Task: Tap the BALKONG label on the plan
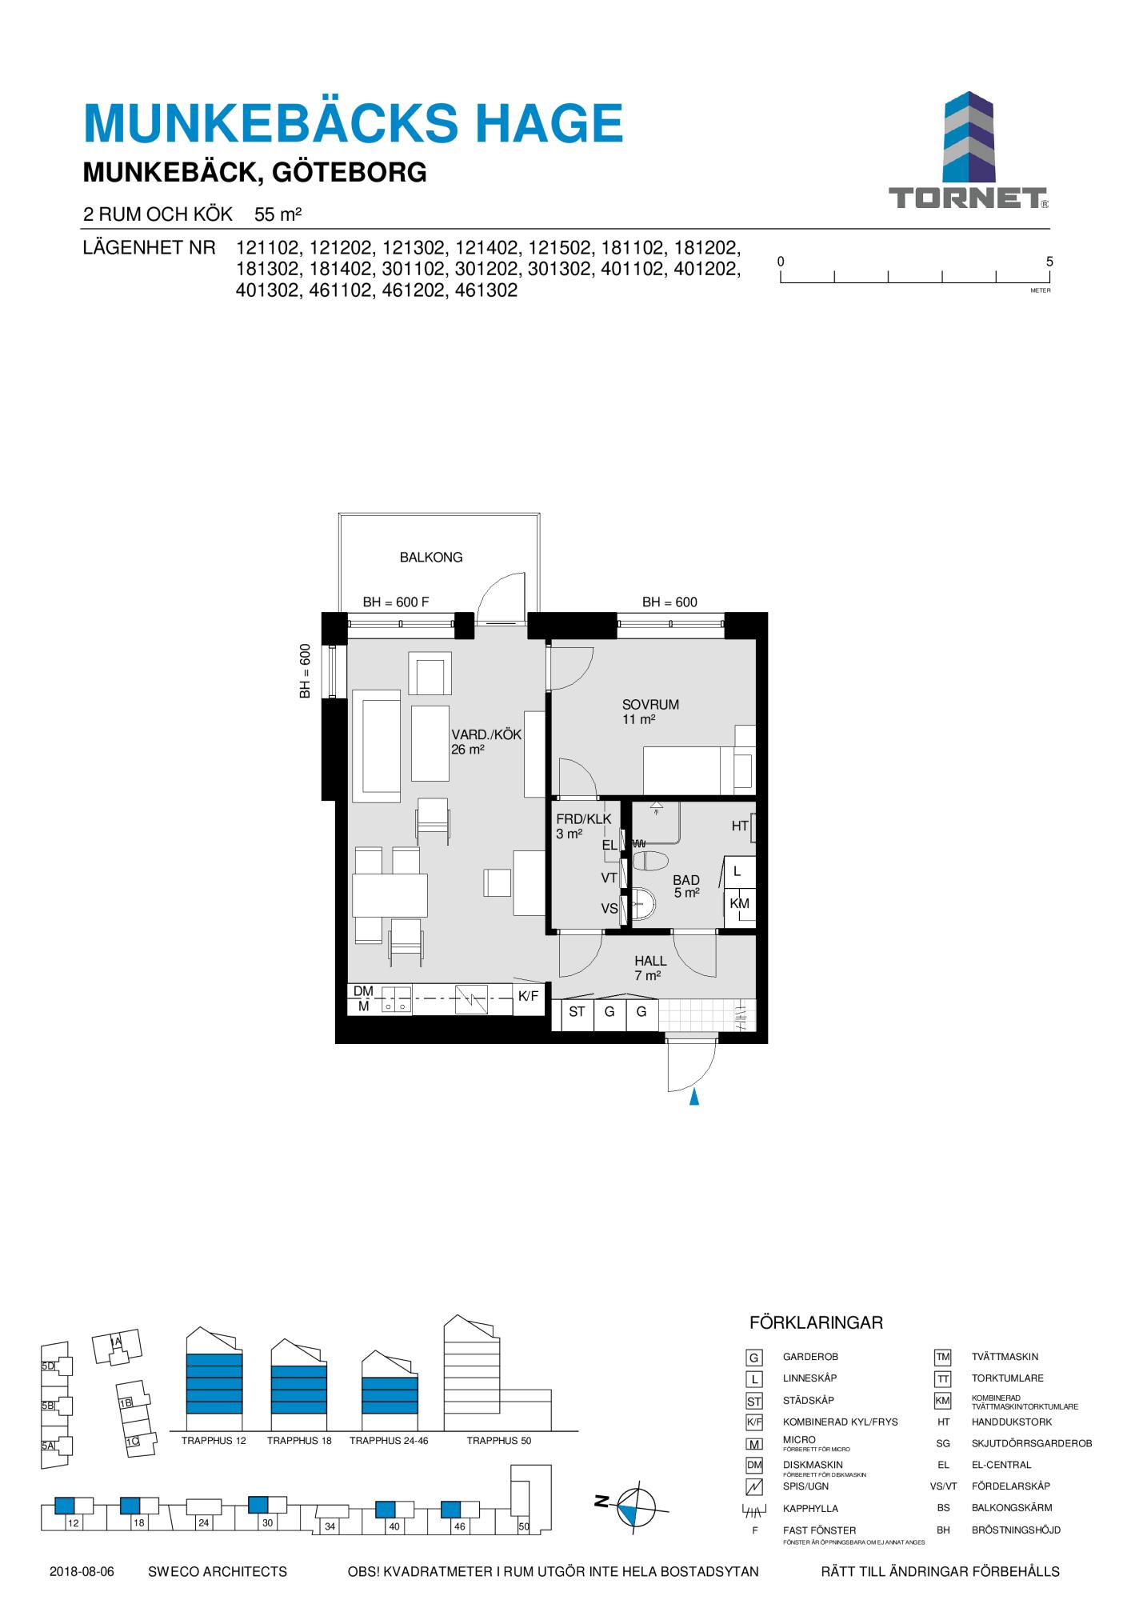(x=431, y=558)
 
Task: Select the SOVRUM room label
(x=650, y=705)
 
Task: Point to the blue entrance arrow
(x=694, y=1097)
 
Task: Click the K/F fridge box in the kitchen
(x=529, y=998)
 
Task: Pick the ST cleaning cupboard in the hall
(x=577, y=1013)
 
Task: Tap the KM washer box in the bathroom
(x=740, y=904)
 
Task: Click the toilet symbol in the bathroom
(x=649, y=862)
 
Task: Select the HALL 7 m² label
(x=649, y=968)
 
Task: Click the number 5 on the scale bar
(x=1049, y=262)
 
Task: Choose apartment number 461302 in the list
(x=486, y=290)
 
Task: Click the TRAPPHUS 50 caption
(x=499, y=1441)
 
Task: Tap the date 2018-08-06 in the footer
(x=82, y=1572)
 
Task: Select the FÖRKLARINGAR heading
(x=816, y=1323)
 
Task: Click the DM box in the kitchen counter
(x=363, y=991)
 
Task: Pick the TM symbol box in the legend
(x=943, y=1358)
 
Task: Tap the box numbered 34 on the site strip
(x=330, y=1526)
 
